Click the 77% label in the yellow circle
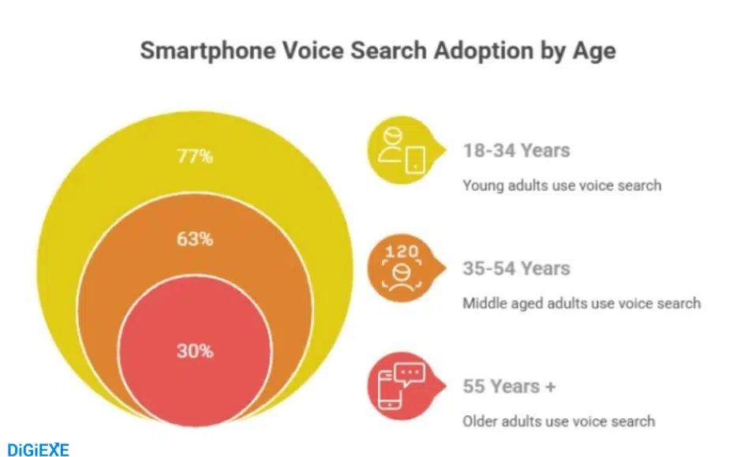(x=194, y=156)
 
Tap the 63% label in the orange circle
(x=194, y=238)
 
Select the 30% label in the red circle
(x=194, y=351)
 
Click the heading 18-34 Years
(x=516, y=150)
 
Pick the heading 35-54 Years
(x=516, y=268)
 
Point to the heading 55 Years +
(x=509, y=387)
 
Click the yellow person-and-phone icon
(x=400, y=150)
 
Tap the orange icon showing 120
(x=400, y=268)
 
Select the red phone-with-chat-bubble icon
(x=400, y=386)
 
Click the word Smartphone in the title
(x=199, y=51)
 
